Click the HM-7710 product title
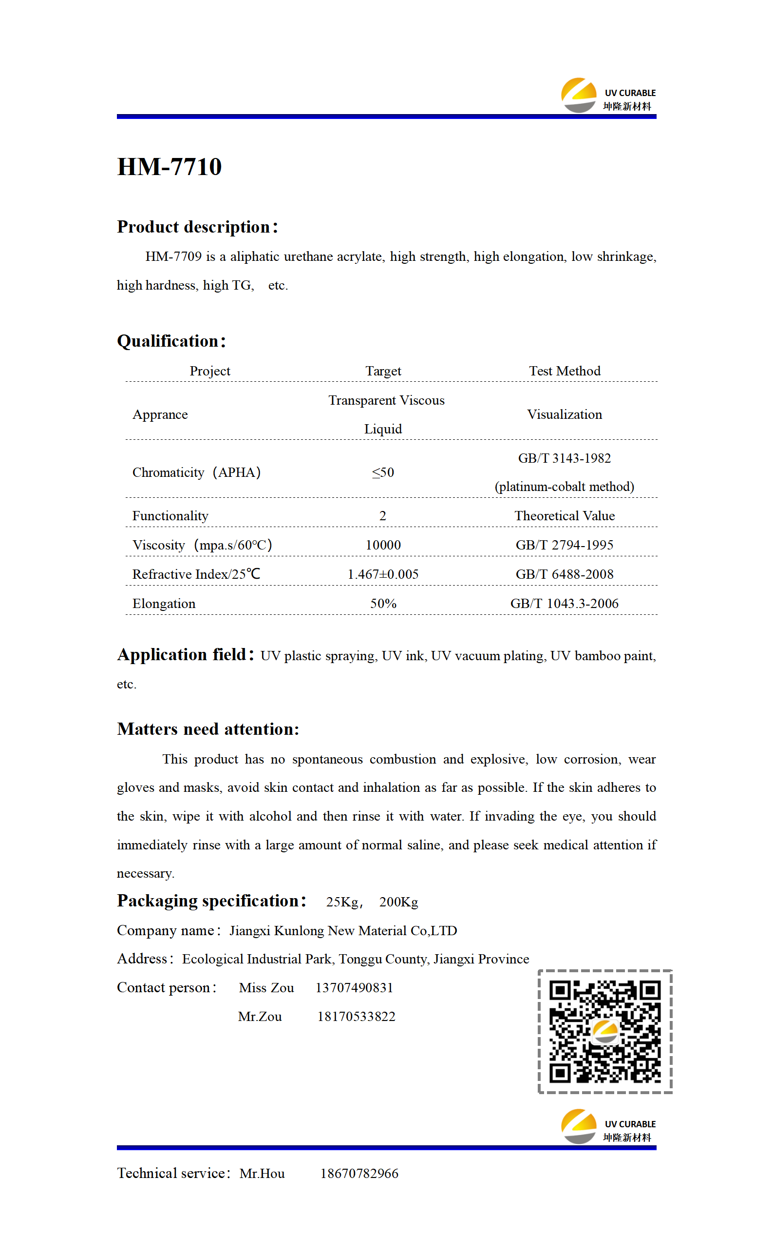click(169, 167)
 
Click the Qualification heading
click(171, 341)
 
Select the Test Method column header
click(565, 371)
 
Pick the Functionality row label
click(170, 516)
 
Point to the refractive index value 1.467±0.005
click(383, 574)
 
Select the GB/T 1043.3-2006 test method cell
click(565, 604)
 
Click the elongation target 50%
click(383, 604)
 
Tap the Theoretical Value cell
click(565, 516)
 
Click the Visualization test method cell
click(565, 414)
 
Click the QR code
click(605, 1031)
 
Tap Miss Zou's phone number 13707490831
click(354, 988)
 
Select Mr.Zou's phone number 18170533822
click(357, 1017)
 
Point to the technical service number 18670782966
click(359, 1174)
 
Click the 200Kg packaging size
click(398, 902)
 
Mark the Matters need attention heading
click(207, 729)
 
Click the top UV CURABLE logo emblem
click(579, 95)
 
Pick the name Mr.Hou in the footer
click(262, 1174)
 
